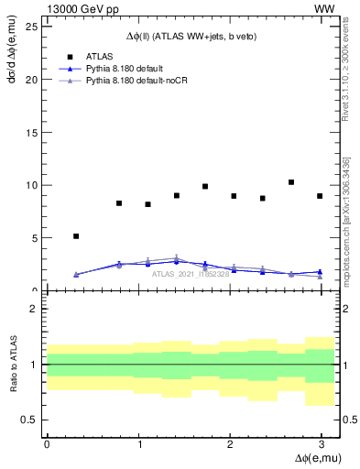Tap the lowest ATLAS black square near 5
click(x=76, y=236)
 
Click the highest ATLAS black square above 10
click(x=291, y=182)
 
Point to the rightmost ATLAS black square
click(x=320, y=196)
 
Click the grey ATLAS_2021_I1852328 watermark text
click(x=191, y=274)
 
